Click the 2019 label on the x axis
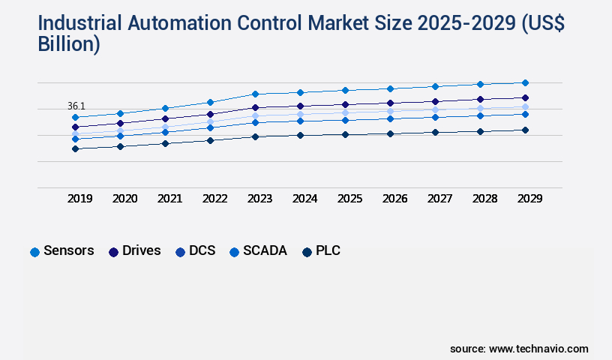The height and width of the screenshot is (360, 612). [x=80, y=199]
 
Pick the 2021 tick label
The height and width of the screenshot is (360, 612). [x=169, y=199]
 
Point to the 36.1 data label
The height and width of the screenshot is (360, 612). [x=76, y=106]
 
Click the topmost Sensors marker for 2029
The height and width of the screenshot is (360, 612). [x=525, y=82]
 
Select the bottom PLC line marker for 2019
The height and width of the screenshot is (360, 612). [x=75, y=148]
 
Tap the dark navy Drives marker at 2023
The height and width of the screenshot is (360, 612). [x=255, y=107]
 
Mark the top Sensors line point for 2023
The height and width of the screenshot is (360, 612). [x=255, y=94]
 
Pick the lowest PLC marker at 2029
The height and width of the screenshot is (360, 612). [x=525, y=130]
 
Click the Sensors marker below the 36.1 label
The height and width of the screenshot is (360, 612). [x=75, y=117]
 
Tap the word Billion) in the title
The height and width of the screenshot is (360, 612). [x=69, y=44]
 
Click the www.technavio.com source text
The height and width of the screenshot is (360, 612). [x=538, y=349]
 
